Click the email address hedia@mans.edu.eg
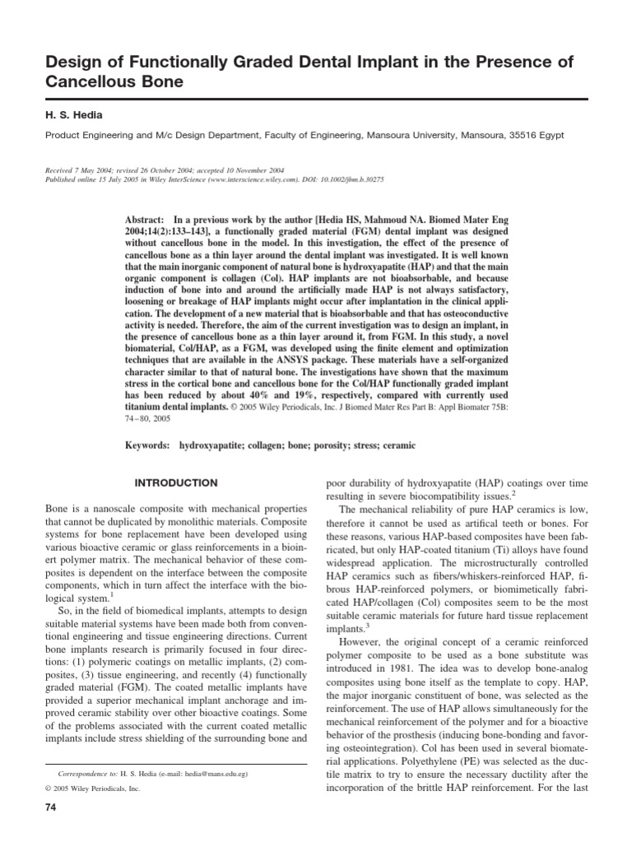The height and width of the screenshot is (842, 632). (x=208, y=775)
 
